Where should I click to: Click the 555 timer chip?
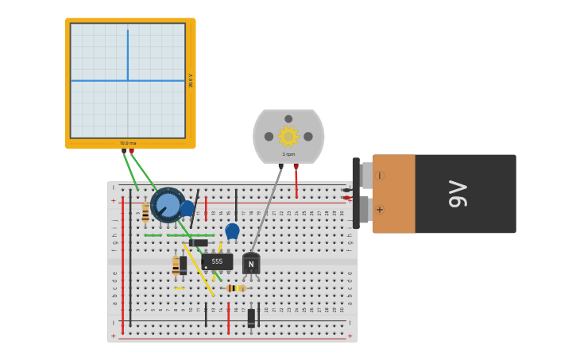click(x=217, y=261)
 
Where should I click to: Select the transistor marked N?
click(x=251, y=264)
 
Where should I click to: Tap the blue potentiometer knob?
click(x=168, y=205)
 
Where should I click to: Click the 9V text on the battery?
click(x=458, y=194)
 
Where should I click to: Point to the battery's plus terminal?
click(x=379, y=210)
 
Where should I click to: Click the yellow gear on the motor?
click(x=288, y=137)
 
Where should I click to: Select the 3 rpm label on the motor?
click(x=288, y=154)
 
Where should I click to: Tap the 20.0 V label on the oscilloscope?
click(x=191, y=80)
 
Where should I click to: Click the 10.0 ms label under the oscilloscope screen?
click(x=128, y=144)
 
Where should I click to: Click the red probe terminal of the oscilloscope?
click(x=132, y=151)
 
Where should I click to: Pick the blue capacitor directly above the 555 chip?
click(x=232, y=231)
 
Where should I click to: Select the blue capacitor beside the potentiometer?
click(x=187, y=209)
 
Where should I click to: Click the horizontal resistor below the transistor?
click(x=235, y=288)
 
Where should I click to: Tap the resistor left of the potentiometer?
click(x=145, y=213)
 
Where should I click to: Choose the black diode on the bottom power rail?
click(x=251, y=318)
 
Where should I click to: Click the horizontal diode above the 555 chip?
click(x=199, y=243)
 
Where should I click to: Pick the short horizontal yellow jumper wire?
click(x=180, y=288)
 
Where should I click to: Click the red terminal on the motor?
click(x=296, y=167)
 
